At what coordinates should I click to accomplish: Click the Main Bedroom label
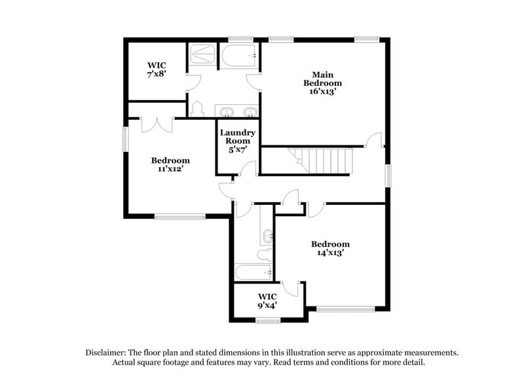[x=322, y=79]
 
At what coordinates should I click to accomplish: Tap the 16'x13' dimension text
[x=322, y=92]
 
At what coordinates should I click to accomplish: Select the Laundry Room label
[x=237, y=137]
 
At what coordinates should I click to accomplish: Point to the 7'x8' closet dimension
[x=157, y=75]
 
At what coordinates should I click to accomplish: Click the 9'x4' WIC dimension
[x=267, y=305]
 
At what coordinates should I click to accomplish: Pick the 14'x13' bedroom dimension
[x=330, y=253]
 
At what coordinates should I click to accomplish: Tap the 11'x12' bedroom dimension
[x=170, y=169]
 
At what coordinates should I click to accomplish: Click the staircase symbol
[x=322, y=160]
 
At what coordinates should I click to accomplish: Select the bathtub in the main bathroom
[x=238, y=56]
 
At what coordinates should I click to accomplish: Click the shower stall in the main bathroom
[x=203, y=54]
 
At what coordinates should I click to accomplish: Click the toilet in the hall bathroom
[x=264, y=254]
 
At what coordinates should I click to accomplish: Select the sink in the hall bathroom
[x=267, y=234]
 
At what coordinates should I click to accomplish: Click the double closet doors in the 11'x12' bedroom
[x=157, y=123]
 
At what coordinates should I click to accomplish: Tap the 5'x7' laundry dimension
[x=237, y=150]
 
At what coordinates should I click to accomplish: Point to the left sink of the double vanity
[x=226, y=111]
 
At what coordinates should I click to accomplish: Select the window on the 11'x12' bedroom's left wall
[x=126, y=140]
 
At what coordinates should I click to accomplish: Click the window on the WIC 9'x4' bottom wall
[x=268, y=320]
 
